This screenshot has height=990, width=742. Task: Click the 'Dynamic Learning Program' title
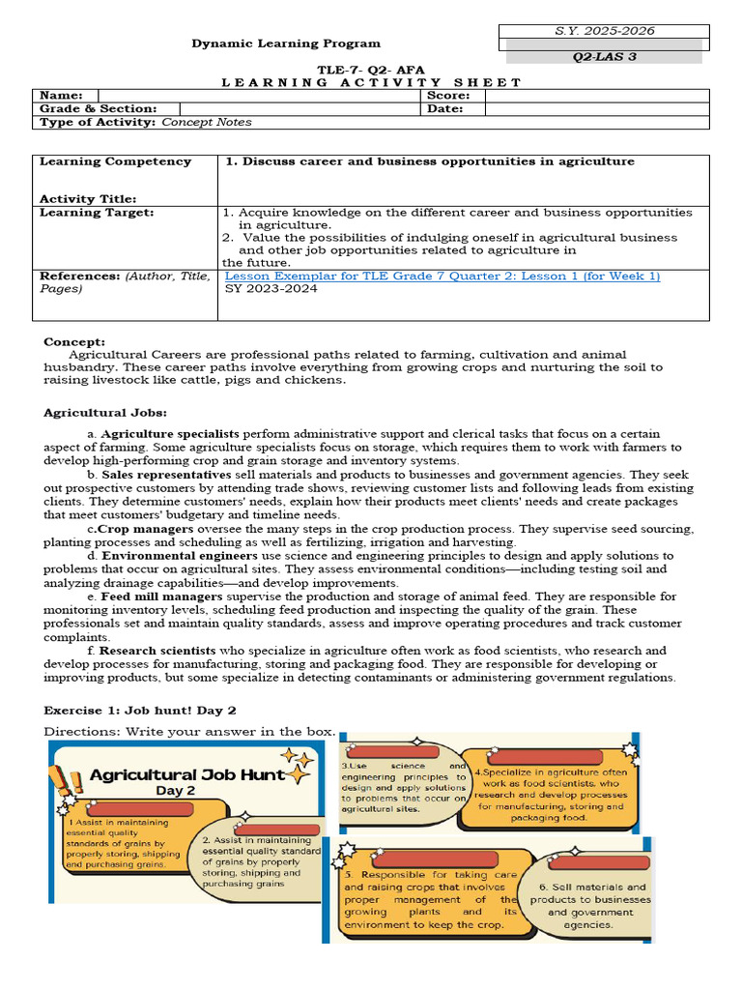tap(286, 44)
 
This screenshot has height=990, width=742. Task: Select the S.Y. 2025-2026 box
tap(605, 31)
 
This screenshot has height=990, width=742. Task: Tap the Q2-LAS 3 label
tap(605, 57)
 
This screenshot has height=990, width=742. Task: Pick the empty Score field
tap(596, 96)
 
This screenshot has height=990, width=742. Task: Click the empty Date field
tap(596, 109)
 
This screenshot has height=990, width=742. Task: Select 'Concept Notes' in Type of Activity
tap(207, 123)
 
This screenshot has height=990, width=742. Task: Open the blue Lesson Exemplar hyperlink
tap(442, 277)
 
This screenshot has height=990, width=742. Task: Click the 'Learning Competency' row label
tap(115, 161)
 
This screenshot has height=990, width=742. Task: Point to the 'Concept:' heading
tap(74, 341)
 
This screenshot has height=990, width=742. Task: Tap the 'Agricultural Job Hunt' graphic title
tap(186, 774)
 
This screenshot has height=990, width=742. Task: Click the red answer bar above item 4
tap(547, 757)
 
